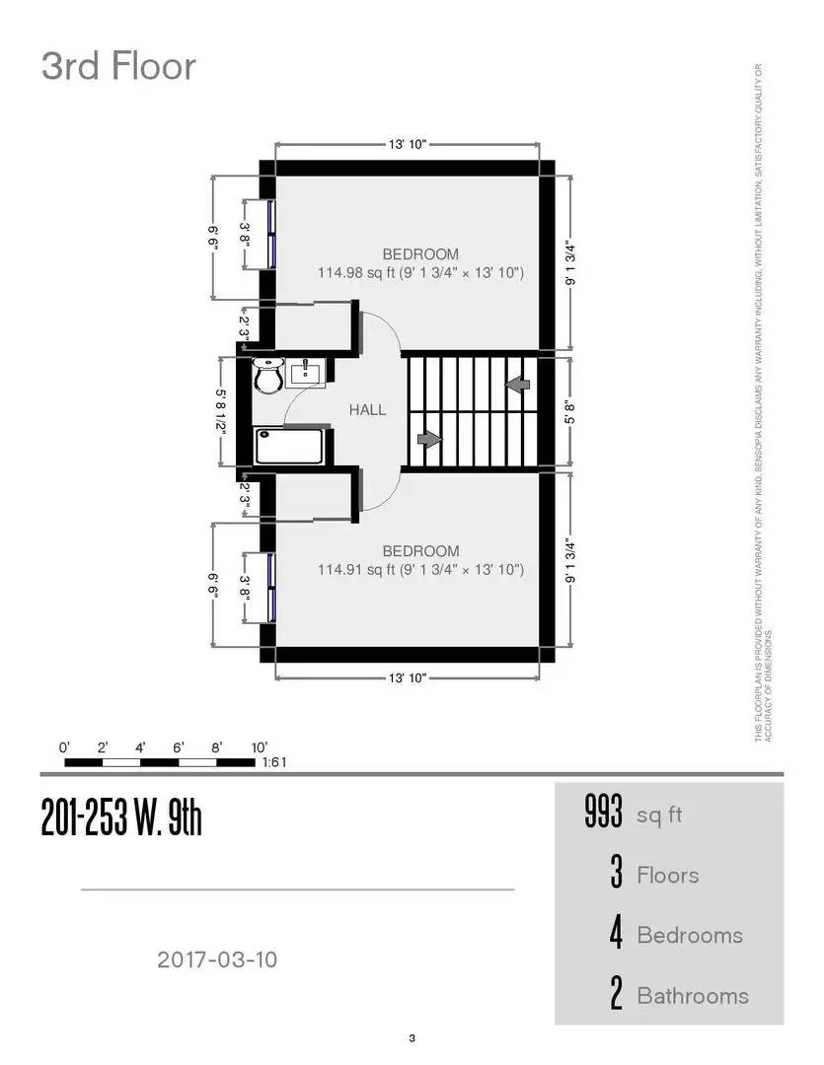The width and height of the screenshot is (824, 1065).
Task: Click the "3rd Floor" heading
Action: [118, 67]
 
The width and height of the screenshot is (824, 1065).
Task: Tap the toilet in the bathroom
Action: [267, 375]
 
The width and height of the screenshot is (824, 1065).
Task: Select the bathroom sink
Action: [306, 373]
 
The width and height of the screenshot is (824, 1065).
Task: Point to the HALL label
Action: [367, 410]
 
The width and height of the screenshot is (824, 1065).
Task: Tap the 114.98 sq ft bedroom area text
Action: [420, 272]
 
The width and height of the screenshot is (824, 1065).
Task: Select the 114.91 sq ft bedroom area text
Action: [420, 570]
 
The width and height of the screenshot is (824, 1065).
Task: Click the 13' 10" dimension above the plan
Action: [407, 145]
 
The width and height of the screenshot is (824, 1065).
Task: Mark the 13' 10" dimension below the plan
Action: [407, 678]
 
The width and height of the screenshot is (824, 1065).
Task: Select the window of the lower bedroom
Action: [269, 587]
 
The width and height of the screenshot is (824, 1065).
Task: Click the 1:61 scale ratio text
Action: [273, 762]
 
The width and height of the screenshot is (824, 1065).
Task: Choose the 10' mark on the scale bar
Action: [259, 747]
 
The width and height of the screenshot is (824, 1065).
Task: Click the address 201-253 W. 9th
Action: [121, 816]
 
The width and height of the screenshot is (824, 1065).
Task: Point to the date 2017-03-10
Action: [217, 958]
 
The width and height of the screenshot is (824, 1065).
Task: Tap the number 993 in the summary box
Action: [604, 815]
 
